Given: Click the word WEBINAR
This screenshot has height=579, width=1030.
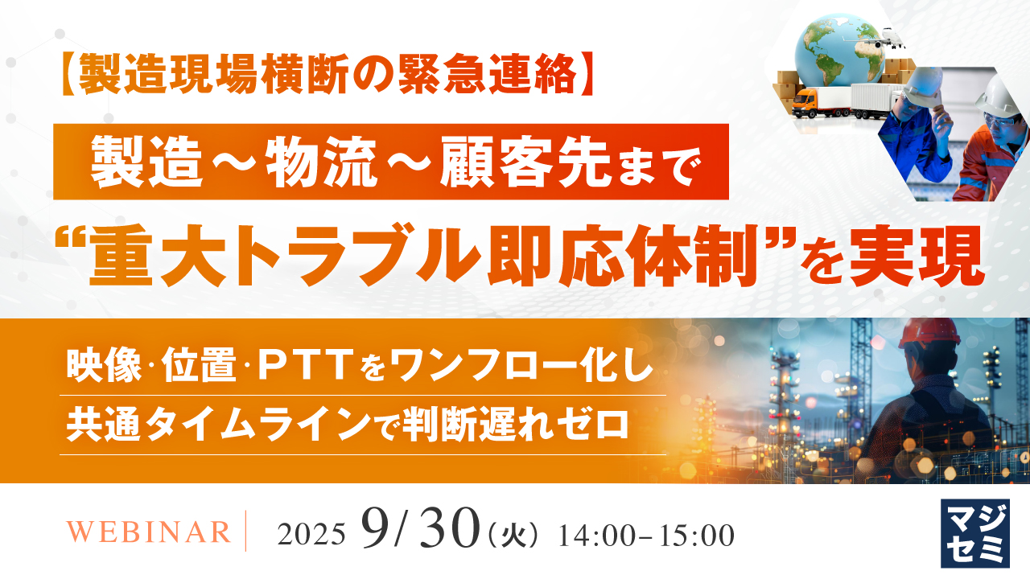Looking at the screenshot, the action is pos(149,532).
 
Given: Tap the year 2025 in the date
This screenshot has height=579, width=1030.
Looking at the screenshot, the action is pos(311,535).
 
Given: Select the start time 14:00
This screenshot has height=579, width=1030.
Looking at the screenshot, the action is pos(596,536).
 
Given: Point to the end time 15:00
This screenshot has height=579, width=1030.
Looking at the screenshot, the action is pos(697,536).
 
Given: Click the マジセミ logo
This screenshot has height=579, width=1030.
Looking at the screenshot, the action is pos(975,533).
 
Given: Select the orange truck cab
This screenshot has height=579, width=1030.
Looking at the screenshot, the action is pos(807,103).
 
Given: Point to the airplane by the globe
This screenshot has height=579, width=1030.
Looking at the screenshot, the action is pos(891,39).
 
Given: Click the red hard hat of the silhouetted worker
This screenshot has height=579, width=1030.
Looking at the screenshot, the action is pos(929,333).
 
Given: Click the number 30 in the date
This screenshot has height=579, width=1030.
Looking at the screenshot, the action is pos(450,528).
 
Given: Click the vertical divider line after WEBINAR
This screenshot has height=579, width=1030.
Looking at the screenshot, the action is pos(246,530).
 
